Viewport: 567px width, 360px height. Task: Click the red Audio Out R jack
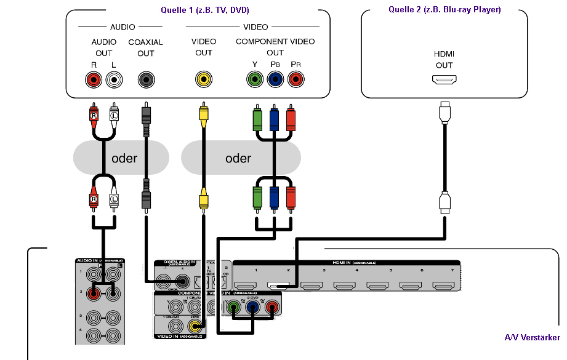94,79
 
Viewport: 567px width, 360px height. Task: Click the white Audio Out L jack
114,79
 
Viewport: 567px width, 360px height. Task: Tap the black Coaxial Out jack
146,79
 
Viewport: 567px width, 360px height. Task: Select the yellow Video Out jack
204,79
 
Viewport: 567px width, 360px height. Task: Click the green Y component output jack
254,79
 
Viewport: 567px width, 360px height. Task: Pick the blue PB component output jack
275,79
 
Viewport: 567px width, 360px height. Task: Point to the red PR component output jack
296,79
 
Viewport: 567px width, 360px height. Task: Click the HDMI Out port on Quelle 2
444,80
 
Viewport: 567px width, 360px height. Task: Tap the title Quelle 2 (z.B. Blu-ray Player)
444,9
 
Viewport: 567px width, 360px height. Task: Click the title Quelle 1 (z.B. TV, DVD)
198,9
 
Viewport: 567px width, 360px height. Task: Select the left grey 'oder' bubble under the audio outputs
121,158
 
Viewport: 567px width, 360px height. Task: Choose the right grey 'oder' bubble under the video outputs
241,158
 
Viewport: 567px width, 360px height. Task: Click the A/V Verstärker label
532,337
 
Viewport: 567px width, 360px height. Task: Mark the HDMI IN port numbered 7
443,286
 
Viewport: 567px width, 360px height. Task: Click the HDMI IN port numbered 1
246,286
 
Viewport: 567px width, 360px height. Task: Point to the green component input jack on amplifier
234,306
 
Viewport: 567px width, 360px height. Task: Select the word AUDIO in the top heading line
123,27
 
